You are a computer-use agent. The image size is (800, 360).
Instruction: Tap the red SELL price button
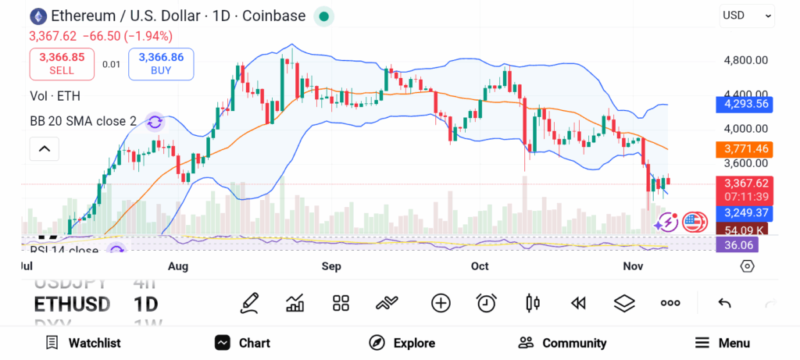tap(62, 63)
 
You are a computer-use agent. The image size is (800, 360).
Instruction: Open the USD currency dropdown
tap(746, 15)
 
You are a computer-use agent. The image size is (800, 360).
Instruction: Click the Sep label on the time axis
tap(331, 266)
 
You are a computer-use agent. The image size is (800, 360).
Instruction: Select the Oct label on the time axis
tap(480, 266)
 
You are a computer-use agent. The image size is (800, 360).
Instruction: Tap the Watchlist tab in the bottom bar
tap(83, 343)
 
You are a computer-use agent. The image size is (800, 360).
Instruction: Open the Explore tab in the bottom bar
tap(402, 343)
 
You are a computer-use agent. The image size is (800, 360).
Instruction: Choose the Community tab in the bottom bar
tap(562, 343)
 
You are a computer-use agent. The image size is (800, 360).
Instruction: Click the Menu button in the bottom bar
tap(723, 343)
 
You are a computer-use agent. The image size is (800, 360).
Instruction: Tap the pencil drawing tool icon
tap(249, 303)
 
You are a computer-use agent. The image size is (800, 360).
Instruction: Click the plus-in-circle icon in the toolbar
tap(441, 303)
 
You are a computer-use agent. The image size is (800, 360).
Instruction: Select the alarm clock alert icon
tap(487, 303)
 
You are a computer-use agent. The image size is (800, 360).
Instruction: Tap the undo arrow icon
tap(724, 303)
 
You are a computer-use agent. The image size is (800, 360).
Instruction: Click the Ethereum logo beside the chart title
tap(37, 16)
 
